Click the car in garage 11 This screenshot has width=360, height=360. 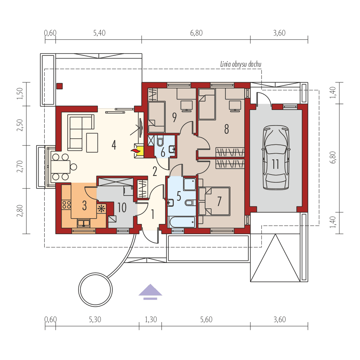[x=276, y=158]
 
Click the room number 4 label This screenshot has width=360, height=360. [x=114, y=145]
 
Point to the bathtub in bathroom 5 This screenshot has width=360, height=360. [x=182, y=222]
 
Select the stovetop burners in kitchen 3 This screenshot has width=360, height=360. [x=66, y=204]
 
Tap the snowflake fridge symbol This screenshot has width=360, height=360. [x=101, y=208]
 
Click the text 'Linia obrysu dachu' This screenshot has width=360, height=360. [x=241, y=64]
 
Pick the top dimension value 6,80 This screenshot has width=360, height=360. [x=196, y=33]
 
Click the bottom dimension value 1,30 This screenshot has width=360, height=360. [x=151, y=319]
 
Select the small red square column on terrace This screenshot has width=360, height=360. [x=60, y=86]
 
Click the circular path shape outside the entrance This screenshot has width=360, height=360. [x=95, y=290]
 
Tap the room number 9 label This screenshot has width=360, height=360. [x=174, y=117]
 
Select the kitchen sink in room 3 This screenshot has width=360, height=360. [x=83, y=223]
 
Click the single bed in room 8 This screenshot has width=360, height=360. [x=207, y=104]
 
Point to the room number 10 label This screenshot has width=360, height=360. [x=121, y=207]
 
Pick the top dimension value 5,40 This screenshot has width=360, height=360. [x=99, y=33]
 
